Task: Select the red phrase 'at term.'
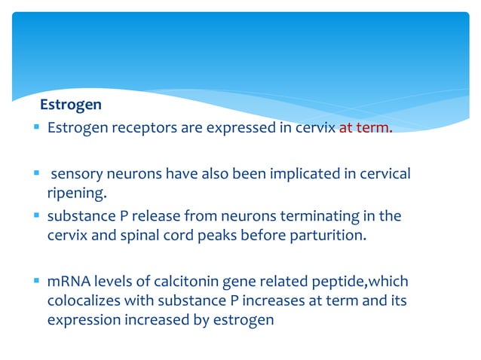pyautogui.click(x=366, y=127)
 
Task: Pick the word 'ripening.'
pyautogui.click(x=73, y=193)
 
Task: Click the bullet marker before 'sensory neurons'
pyautogui.click(x=35, y=174)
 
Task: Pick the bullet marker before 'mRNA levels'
pyautogui.click(x=35, y=281)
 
